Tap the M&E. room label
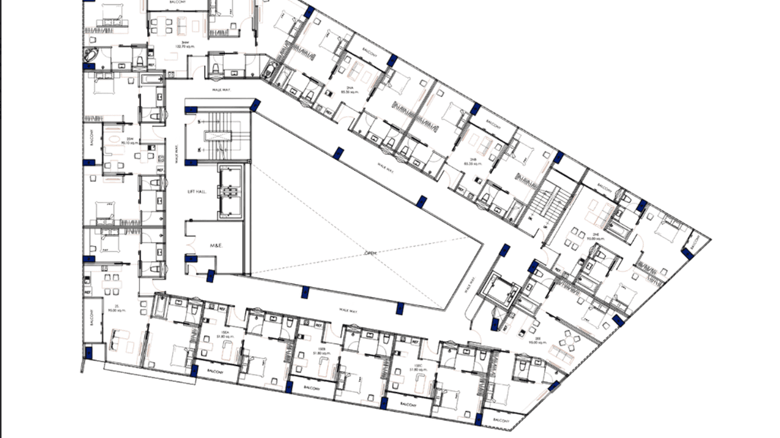216,246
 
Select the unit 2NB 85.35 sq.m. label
470,162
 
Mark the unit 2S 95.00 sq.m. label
117,308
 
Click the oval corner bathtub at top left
91,55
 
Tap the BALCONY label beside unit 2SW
91,137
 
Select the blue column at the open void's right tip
505,250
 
